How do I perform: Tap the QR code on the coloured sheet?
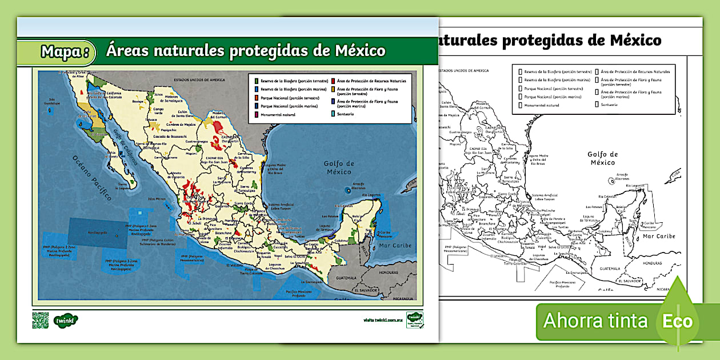[x=41, y=321]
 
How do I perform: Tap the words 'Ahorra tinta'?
[x=595, y=321]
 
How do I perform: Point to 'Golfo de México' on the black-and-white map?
[x=603, y=158]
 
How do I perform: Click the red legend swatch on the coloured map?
[x=333, y=81]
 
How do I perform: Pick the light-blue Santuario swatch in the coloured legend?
[x=333, y=114]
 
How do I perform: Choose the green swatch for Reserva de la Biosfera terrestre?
[x=257, y=81]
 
